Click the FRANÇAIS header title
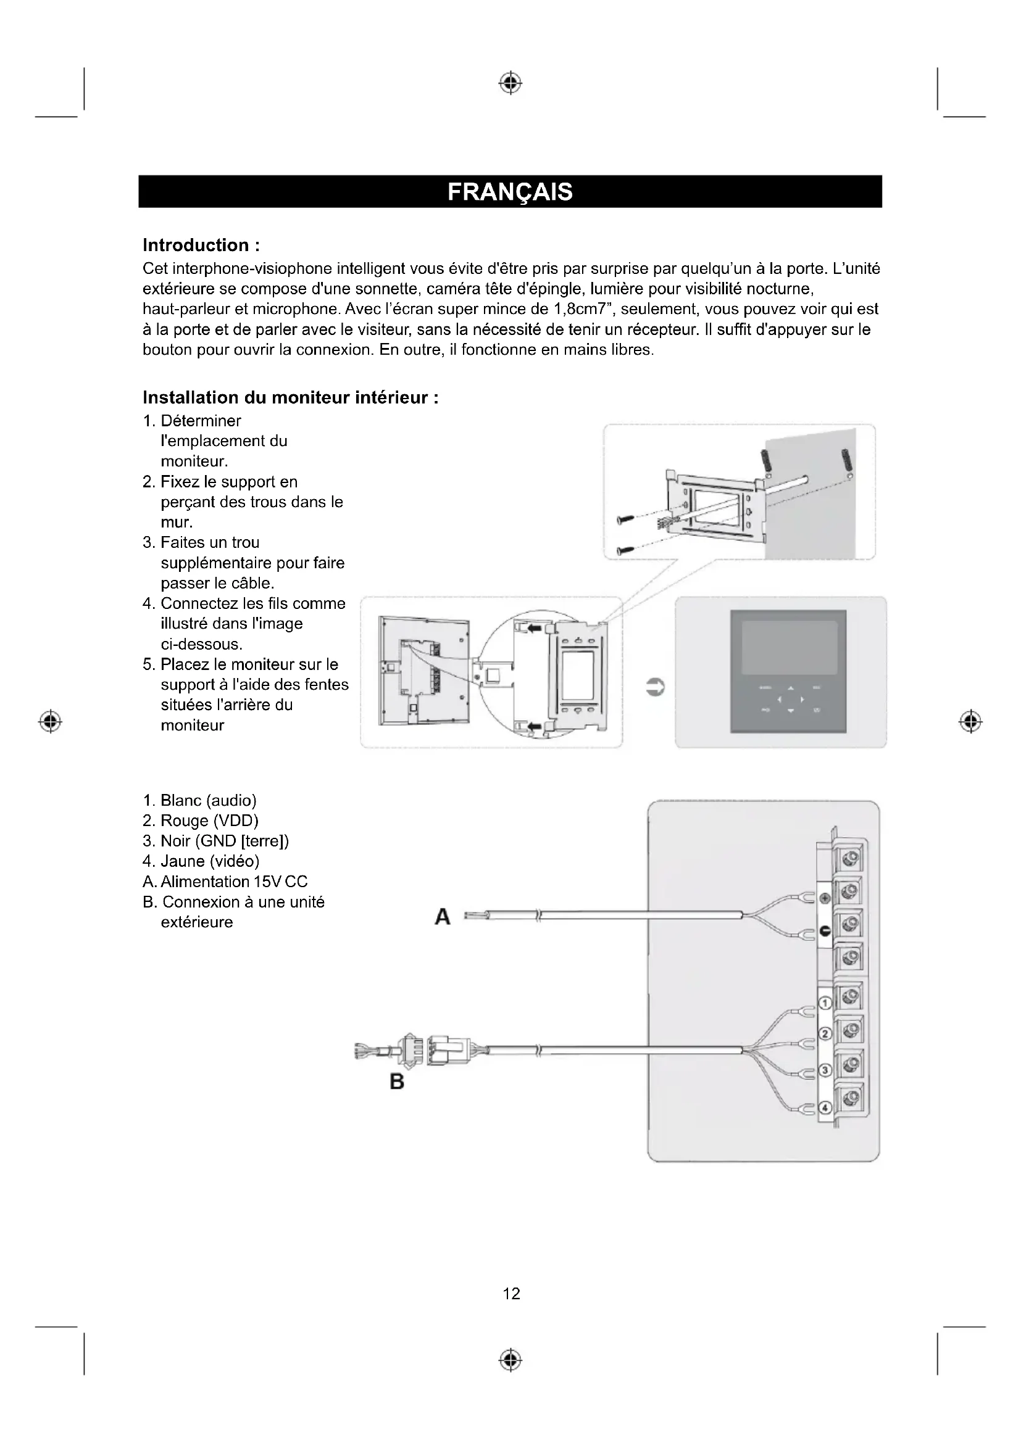pos(510,192)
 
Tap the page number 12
pos(511,1294)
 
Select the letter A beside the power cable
pos(443,917)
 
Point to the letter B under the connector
pos(397,1081)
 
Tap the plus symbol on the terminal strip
pos(825,899)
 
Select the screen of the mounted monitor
pos(789,647)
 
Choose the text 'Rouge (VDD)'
pos(209,821)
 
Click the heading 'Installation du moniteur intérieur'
pos(291,398)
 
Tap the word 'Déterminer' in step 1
pos(201,421)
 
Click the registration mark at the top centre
pos(511,83)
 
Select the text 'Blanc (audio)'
pos(207,800)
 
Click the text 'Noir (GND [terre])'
pos(224,841)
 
